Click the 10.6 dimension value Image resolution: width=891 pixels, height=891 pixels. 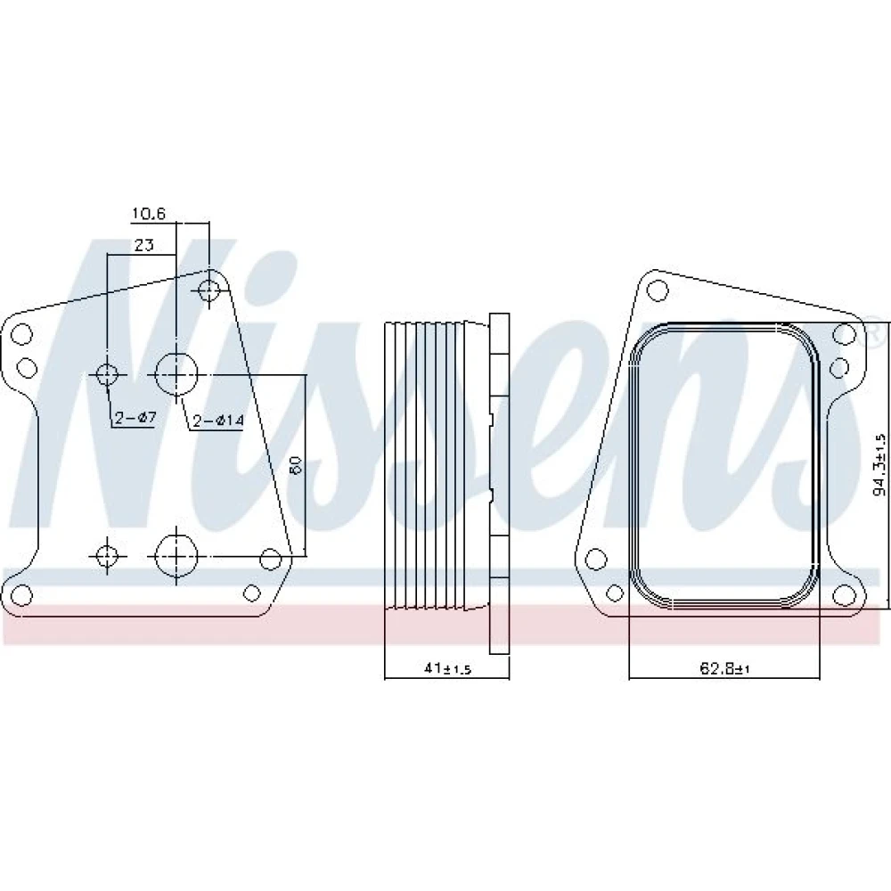[x=148, y=214]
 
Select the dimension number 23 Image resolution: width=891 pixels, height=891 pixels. [x=143, y=246]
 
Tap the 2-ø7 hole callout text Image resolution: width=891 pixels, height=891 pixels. [x=135, y=418]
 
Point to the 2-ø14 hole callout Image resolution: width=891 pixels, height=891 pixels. [x=218, y=421]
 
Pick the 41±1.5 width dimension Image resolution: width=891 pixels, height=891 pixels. [x=448, y=669]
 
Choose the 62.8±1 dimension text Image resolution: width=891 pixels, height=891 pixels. [x=724, y=669]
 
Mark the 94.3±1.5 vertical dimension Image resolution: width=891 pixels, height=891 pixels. [x=879, y=464]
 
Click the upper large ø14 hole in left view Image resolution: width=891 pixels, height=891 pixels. [x=176, y=374]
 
